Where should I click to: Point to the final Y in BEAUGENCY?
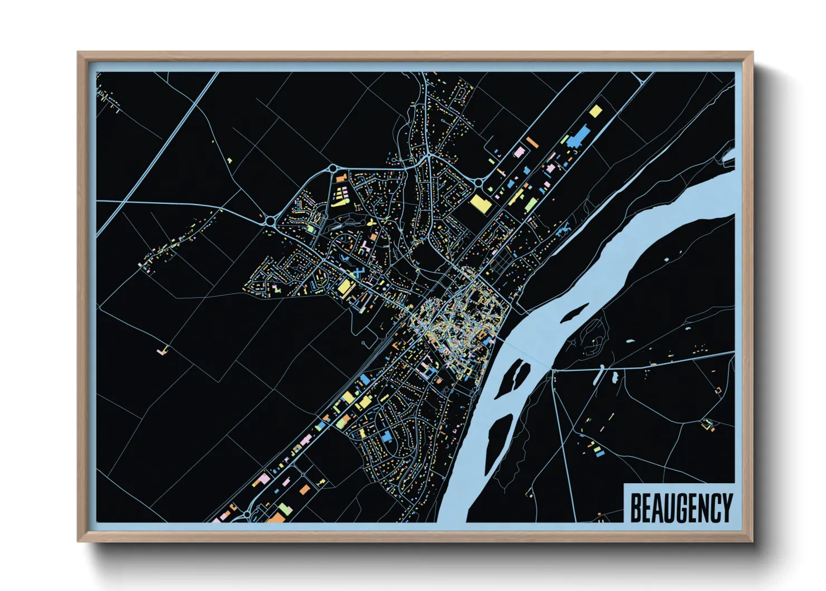pyautogui.click(x=726, y=507)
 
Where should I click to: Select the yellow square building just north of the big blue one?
pyautogui.click(x=596, y=111)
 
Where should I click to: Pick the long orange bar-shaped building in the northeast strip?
pyautogui.click(x=532, y=142)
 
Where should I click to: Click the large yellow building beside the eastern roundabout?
pyautogui.click(x=481, y=203)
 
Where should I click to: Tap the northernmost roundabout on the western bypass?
pyautogui.click(x=333, y=168)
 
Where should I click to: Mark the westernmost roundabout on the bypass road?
pyautogui.click(x=271, y=221)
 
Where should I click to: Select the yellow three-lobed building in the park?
pyautogui.click(x=371, y=223)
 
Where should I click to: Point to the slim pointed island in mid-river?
pyautogui.click(x=575, y=312)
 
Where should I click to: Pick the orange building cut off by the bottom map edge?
pyautogui.click(x=276, y=518)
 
